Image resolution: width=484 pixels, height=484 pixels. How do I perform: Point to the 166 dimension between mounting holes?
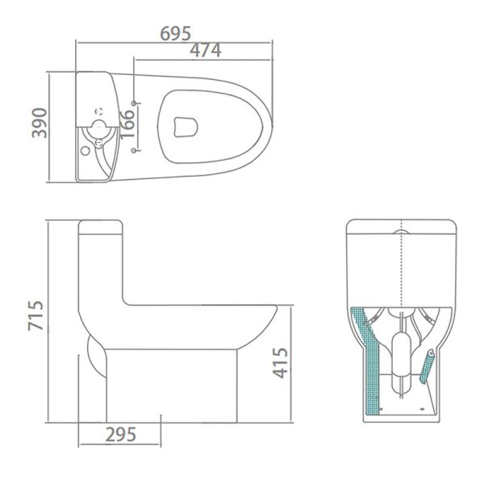[x=125, y=124]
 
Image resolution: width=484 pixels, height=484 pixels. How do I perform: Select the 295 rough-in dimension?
[x=119, y=433]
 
